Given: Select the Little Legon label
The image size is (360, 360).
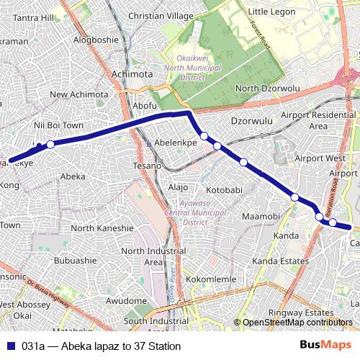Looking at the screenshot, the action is pos(273,12).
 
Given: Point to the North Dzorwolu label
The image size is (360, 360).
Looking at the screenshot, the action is pos(267,89).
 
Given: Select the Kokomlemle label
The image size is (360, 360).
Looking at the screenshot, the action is pos(206,279).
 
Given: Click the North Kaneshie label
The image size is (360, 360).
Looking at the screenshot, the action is pos(102,228).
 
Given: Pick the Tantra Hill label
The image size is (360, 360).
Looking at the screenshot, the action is pos(34,17).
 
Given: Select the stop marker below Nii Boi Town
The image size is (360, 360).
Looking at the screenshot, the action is pos(50,144).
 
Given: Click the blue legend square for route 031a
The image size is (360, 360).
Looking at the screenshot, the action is pos(11,346).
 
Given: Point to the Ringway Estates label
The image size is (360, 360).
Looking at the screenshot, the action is pos(301,312).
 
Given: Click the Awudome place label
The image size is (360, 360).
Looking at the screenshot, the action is pos(127,300).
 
